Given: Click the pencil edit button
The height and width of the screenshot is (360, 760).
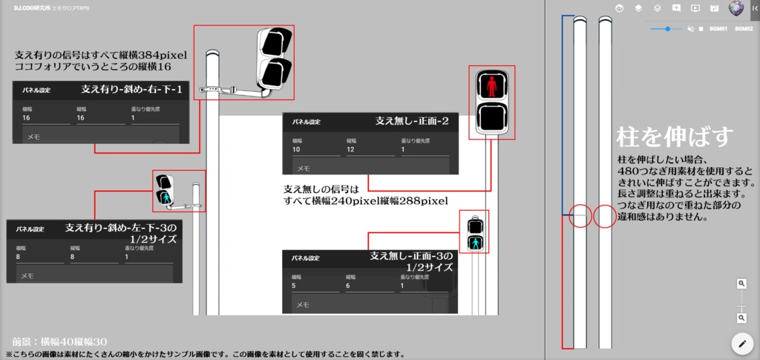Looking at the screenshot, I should [x=741, y=343].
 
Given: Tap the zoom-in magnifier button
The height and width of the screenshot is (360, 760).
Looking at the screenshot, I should [x=741, y=284].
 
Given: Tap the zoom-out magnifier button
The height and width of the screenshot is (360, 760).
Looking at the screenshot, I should [x=741, y=318].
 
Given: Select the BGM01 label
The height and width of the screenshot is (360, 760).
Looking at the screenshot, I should [x=718, y=29].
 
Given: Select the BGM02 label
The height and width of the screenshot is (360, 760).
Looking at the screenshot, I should [x=744, y=29].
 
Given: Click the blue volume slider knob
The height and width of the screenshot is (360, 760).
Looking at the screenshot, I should [x=669, y=29].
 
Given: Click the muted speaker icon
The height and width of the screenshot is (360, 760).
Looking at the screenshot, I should [x=690, y=29].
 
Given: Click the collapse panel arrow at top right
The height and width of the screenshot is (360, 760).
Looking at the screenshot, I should [x=754, y=8].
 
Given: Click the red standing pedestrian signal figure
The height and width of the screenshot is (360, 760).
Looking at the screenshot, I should [x=491, y=85].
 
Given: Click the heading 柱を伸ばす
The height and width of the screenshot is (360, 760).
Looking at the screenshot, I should [x=675, y=137].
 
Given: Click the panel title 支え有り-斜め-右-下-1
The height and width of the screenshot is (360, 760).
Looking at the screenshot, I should [x=131, y=89].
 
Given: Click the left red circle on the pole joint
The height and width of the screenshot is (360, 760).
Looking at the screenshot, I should [x=580, y=216].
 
